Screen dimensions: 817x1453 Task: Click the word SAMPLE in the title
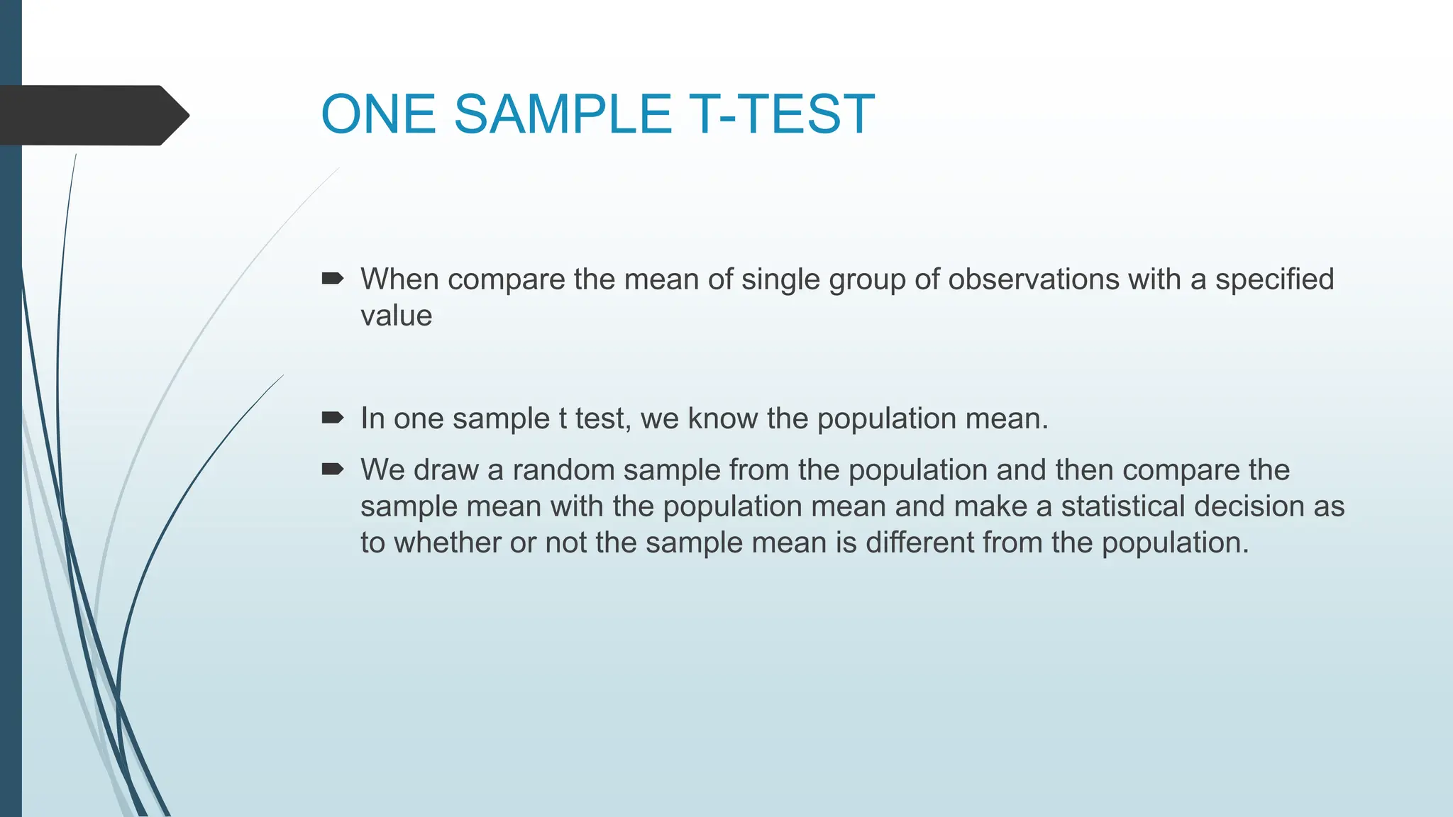pos(562,114)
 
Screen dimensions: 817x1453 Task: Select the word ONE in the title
pos(378,114)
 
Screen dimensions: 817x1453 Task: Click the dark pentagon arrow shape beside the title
pos(92,116)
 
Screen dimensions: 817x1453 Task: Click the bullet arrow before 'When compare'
pos(332,279)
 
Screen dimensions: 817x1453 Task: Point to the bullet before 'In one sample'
pos(332,418)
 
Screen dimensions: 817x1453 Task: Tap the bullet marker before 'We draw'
pos(332,469)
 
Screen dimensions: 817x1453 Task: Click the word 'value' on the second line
pos(396,316)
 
